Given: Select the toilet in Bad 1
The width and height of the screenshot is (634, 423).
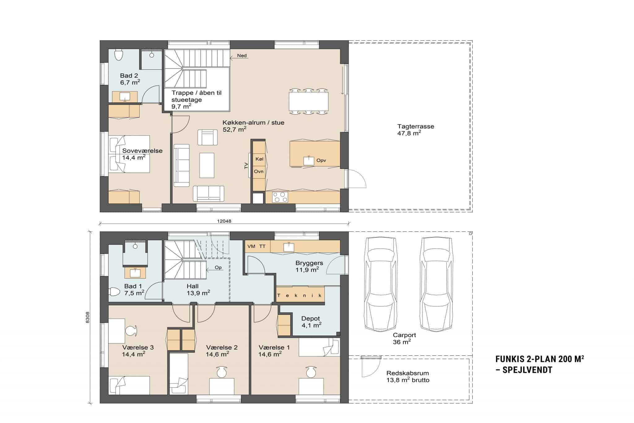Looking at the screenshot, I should click(x=115, y=292).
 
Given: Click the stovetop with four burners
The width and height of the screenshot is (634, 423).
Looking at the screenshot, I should click(x=280, y=197).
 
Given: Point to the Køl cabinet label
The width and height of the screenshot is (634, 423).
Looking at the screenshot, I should click(x=259, y=159).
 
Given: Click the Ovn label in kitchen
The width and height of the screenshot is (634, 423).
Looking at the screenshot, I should click(x=258, y=171).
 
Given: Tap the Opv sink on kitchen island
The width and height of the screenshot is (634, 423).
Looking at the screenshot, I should click(x=309, y=161).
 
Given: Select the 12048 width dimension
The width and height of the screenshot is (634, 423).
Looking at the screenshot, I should click(x=224, y=221).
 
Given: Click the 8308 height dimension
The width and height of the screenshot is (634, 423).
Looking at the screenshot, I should click(x=88, y=317).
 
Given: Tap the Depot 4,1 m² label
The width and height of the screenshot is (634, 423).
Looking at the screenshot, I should click(x=311, y=322).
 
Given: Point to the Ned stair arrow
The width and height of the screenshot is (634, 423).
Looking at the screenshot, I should click(x=241, y=56).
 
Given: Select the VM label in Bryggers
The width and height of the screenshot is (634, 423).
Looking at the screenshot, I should click(x=251, y=246).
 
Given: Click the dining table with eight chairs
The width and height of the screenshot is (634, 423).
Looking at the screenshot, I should click(x=309, y=101).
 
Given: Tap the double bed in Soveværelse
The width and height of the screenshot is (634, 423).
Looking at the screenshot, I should click(x=129, y=154).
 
